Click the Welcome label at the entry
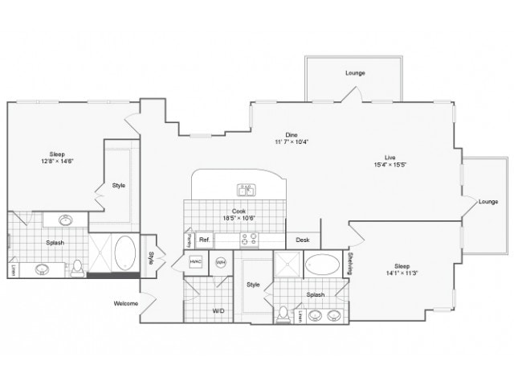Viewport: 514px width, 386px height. (x=126, y=303)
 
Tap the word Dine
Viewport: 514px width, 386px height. (x=291, y=134)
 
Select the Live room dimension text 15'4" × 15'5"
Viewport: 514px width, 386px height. (x=390, y=165)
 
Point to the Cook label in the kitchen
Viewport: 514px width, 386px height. (x=239, y=211)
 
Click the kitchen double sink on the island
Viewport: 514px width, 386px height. (x=246, y=191)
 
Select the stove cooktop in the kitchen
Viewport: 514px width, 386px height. (x=249, y=239)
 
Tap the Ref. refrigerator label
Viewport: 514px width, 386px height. (x=204, y=239)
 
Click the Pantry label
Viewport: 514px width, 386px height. (x=188, y=239)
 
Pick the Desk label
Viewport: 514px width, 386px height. (x=303, y=240)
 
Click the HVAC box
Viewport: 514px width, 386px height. (x=195, y=262)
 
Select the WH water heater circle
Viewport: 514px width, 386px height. (x=221, y=262)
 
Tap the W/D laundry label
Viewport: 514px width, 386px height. (x=218, y=310)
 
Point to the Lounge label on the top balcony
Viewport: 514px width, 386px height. (x=355, y=73)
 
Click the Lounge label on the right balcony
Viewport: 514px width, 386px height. (x=488, y=201)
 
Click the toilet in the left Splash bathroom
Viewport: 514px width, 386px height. (x=78, y=266)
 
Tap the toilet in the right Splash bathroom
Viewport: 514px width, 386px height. (x=283, y=315)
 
